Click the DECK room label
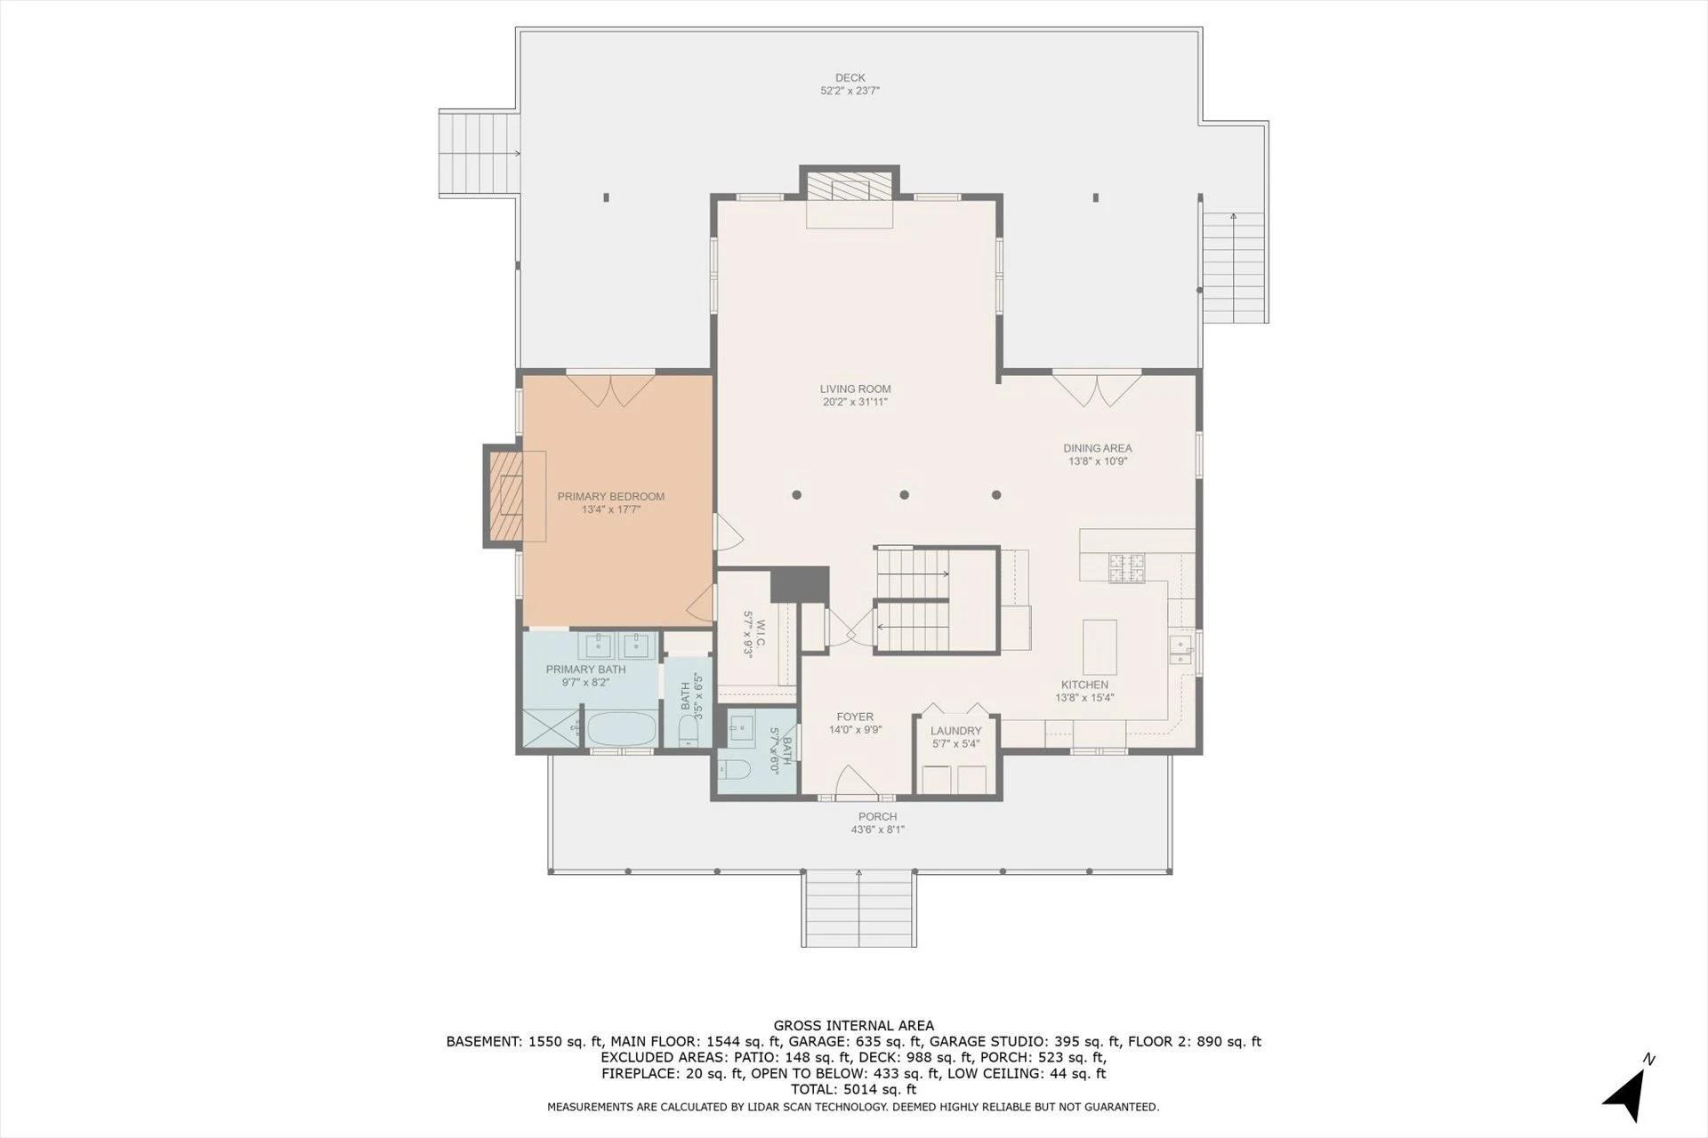[850, 77]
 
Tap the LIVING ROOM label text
[855, 389]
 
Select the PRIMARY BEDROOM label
[611, 496]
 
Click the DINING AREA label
[1098, 448]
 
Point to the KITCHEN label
[1084, 685]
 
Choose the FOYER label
[855, 717]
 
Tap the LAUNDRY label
[956, 731]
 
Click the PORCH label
[877, 816]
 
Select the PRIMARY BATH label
[585, 669]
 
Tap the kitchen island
[1100, 647]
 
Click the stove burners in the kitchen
[1125, 568]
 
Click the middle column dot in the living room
[904, 495]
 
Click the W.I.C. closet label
[754, 634]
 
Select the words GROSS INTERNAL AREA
[853, 1026]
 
